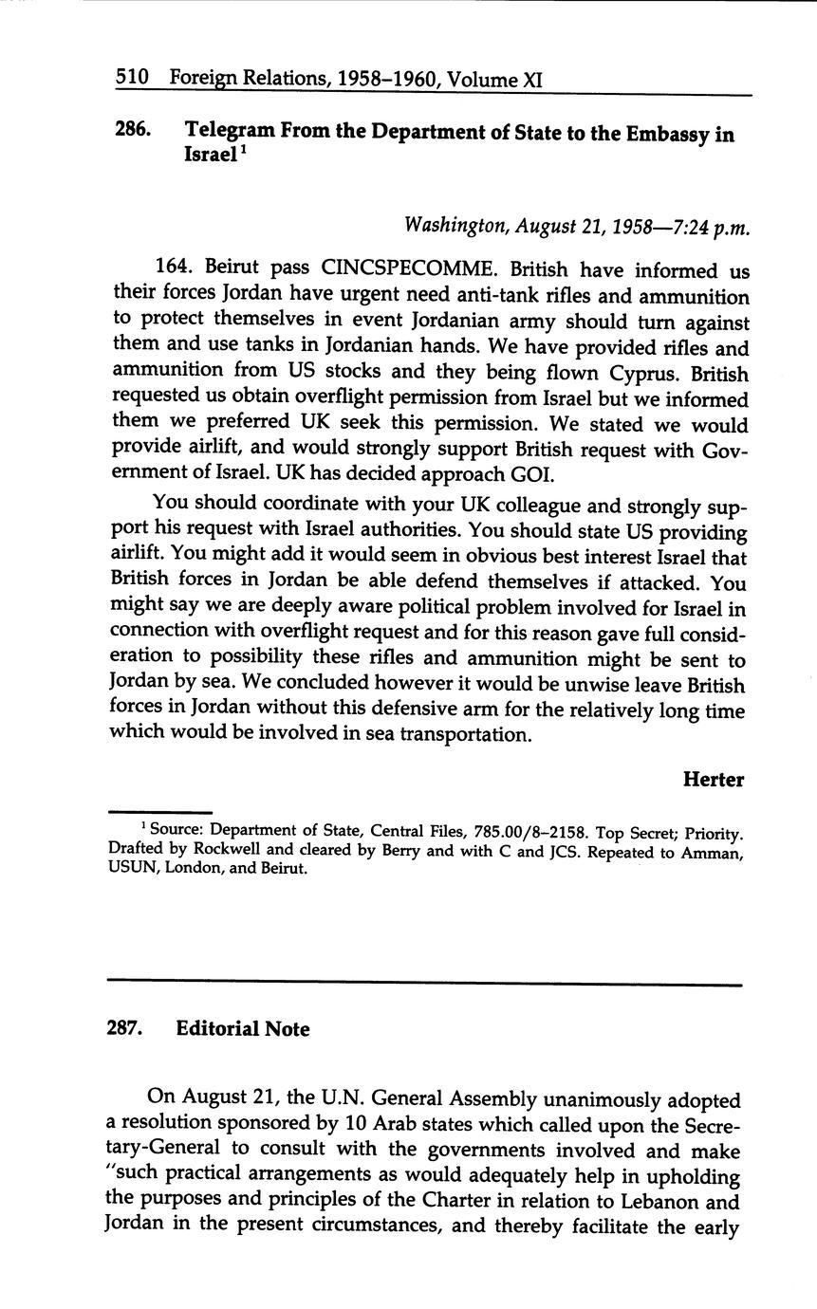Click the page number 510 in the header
pos(132,80)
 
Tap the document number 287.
pos(125,1029)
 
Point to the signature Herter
pos(713,780)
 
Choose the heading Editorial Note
pos(243,1029)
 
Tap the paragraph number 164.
pos(172,270)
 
